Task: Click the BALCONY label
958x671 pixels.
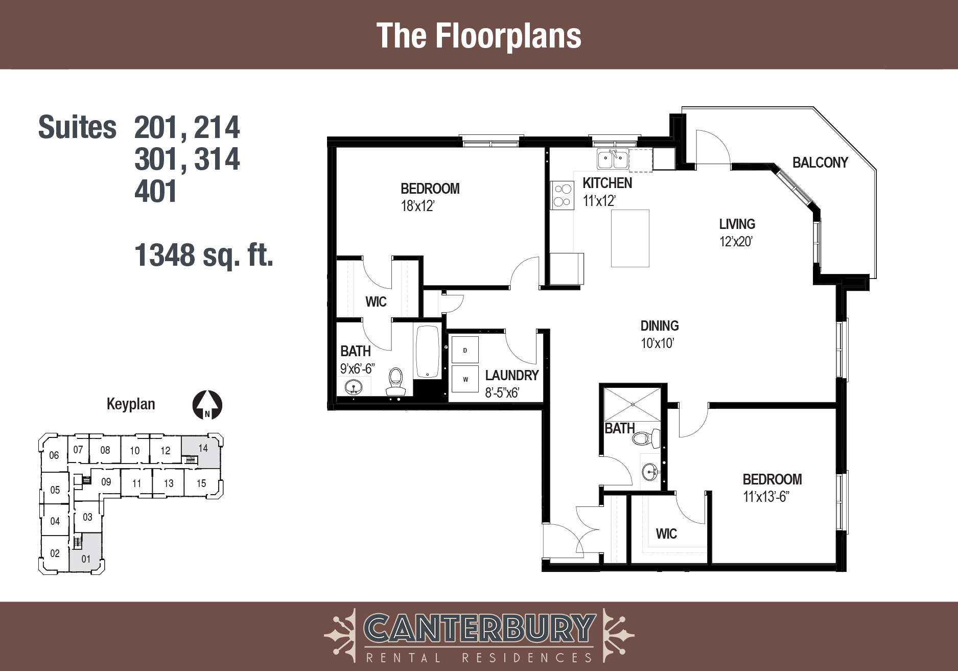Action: coord(820,163)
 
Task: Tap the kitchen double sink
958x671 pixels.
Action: coord(613,159)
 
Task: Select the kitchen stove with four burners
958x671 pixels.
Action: coord(562,195)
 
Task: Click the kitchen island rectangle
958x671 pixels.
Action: coord(630,238)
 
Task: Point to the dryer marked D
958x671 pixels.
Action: coord(465,350)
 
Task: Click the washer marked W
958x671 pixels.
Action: coord(465,379)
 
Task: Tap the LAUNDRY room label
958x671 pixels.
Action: coord(511,376)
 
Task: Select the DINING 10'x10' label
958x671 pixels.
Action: coord(659,334)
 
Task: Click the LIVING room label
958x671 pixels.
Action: coord(737,224)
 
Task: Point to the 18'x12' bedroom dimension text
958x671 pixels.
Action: coord(417,206)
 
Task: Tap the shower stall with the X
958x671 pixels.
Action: coord(633,404)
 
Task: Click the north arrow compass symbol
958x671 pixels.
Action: coord(207,405)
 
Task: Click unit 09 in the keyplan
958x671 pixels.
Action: coord(106,482)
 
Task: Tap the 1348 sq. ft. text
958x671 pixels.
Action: coord(203,255)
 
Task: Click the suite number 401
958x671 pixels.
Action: coord(155,191)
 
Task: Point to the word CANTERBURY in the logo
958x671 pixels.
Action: coord(479,629)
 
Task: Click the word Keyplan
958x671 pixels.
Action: coord(131,404)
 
